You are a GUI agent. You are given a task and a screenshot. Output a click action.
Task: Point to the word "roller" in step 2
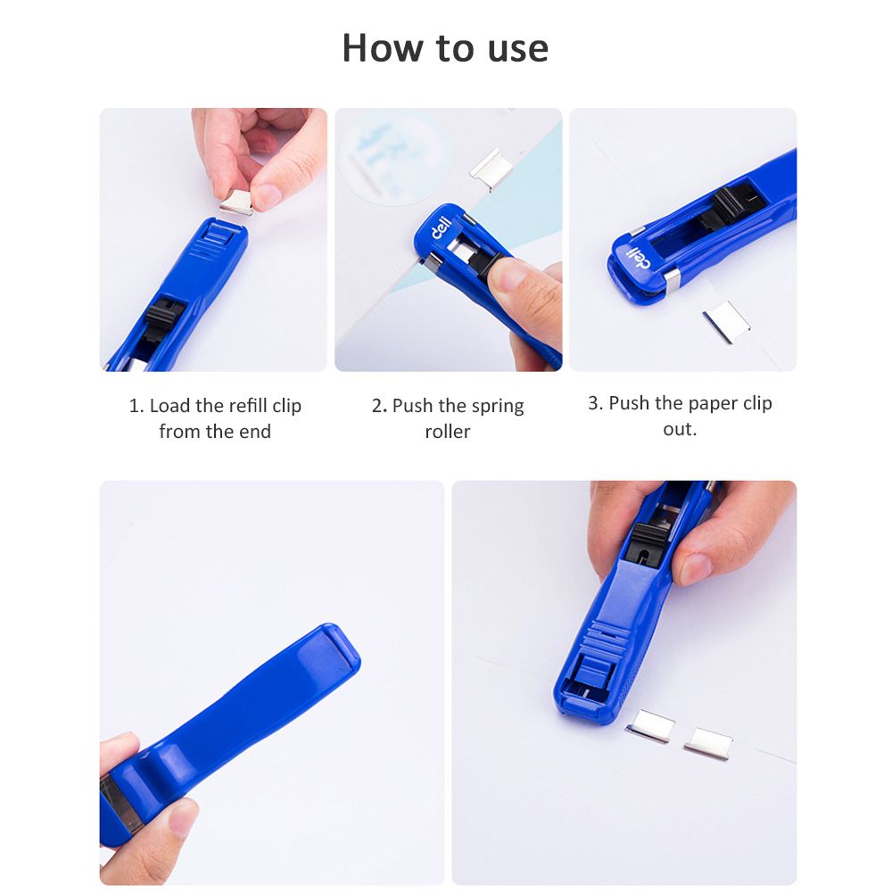(448, 432)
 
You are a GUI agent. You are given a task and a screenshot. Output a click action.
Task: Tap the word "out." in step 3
(679, 429)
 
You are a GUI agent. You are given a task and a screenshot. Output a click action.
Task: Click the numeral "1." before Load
(136, 406)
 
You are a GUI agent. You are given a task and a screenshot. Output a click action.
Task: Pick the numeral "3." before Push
(596, 403)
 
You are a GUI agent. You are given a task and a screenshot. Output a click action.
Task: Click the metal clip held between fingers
(235, 202)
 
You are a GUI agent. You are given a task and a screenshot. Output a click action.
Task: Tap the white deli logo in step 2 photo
(441, 227)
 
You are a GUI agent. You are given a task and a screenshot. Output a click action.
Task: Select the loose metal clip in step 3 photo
(726, 322)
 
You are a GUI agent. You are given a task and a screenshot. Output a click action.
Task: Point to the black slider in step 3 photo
(734, 206)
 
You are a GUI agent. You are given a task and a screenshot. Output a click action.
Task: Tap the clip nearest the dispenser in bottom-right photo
(650, 725)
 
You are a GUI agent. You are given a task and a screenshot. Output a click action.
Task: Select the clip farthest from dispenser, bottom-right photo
(708, 743)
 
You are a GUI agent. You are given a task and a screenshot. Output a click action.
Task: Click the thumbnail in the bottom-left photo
(183, 818)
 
